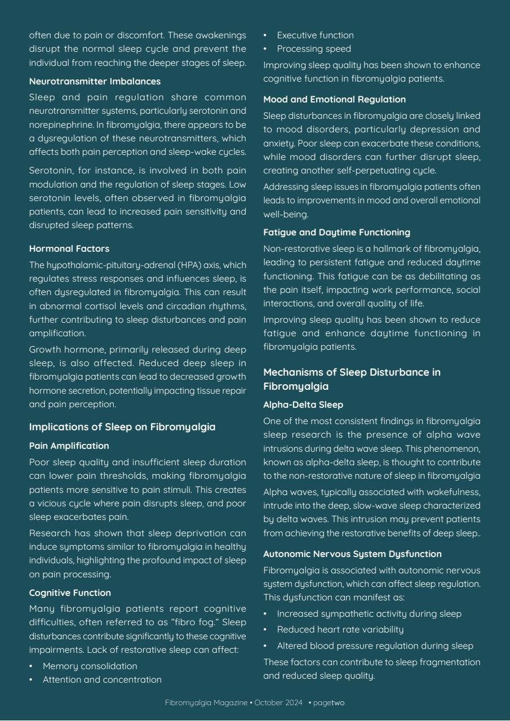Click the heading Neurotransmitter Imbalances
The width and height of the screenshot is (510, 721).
click(x=95, y=82)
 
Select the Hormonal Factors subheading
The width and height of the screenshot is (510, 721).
click(x=69, y=248)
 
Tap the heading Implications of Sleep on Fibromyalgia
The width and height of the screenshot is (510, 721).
click(x=122, y=427)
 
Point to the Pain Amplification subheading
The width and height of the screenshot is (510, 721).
click(x=69, y=446)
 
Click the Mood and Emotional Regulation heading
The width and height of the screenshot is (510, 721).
click(x=334, y=99)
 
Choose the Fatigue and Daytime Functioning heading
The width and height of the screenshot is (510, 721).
click(x=336, y=232)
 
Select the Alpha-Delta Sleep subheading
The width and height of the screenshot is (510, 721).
click(x=303, y=404)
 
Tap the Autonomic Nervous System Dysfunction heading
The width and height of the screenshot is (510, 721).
click(x=352, y=554)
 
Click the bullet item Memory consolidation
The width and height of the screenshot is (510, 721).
click(x=90, y=666)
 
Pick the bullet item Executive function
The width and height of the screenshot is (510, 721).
click(x=315, y=35)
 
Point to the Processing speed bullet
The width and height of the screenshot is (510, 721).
click(x=314, y=48)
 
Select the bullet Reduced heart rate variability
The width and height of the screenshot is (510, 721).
click(x=340, y=629)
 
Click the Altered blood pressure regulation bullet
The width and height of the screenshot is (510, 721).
click(x=375, y=646)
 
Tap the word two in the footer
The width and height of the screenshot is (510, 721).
click(x=338, y=703)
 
